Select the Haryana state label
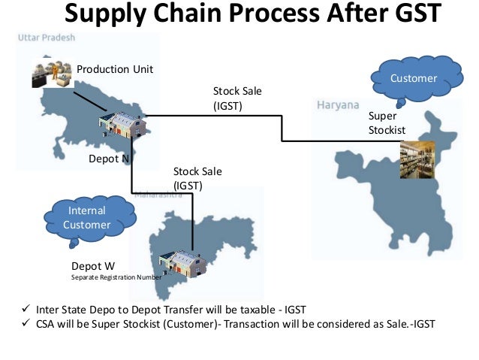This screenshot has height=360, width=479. (x=338, y=104)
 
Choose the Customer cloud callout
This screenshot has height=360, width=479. (x=412, y=79)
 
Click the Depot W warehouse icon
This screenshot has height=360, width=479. (x=181, y=262)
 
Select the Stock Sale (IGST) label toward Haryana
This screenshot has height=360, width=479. (x=238, y=98)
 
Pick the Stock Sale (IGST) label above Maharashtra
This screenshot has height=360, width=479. (x=197, y=178)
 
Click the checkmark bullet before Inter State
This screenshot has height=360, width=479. (x=24, y=310)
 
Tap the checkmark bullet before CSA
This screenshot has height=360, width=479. (x=24, y=324)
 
